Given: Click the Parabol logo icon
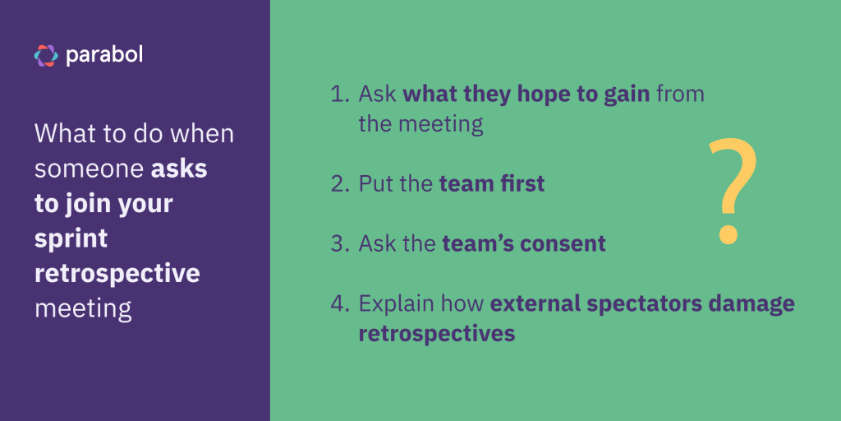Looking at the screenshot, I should pos(46,55).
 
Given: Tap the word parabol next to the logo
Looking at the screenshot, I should pos(105,55).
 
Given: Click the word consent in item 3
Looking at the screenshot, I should pos(568,243).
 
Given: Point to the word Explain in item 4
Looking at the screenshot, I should pos(396,303).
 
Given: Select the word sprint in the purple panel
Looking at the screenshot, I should pos(71,239).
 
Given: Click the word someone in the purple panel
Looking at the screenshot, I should pos(88,169).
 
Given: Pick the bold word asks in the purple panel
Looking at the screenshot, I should pos(179,169).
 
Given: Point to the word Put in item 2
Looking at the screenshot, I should pos(375,183).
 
